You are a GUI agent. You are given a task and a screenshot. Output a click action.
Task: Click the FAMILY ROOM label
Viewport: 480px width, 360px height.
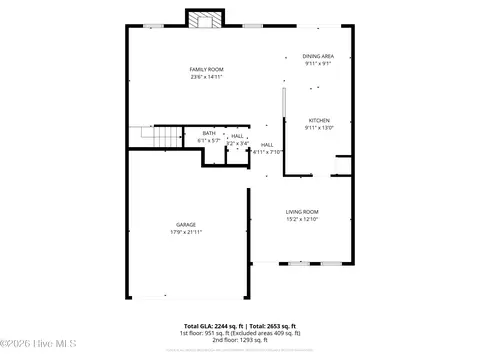(206, 69)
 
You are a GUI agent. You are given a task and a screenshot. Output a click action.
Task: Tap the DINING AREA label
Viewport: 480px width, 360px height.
(319, 56)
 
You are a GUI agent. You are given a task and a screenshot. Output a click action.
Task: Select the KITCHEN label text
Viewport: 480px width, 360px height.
(319, 120)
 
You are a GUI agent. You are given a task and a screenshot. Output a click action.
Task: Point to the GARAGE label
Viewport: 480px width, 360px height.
(186, 225)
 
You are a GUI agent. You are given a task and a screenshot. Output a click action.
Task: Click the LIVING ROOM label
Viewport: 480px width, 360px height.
(302, 211)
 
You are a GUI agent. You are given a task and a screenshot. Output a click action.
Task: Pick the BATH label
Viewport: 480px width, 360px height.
(209, 134)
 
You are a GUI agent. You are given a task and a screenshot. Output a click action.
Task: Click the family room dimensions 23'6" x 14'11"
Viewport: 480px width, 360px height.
(206, 76)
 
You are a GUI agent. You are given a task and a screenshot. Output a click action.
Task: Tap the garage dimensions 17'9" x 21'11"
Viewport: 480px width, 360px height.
(186, 232)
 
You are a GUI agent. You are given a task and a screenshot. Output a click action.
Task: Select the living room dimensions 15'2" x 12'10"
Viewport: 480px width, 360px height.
(302, 218)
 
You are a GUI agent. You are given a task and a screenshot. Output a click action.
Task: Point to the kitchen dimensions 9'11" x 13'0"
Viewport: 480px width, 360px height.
(319, 127)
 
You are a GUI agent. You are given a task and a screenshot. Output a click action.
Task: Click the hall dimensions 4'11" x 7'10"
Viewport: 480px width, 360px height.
(267, 152)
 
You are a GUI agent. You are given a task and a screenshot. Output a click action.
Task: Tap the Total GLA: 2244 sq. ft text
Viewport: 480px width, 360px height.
(213, 326)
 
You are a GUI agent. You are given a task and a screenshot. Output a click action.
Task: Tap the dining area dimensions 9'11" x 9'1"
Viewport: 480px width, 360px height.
(319, 63)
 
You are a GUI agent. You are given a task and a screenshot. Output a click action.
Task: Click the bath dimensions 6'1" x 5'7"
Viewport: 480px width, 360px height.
(209, 141)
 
